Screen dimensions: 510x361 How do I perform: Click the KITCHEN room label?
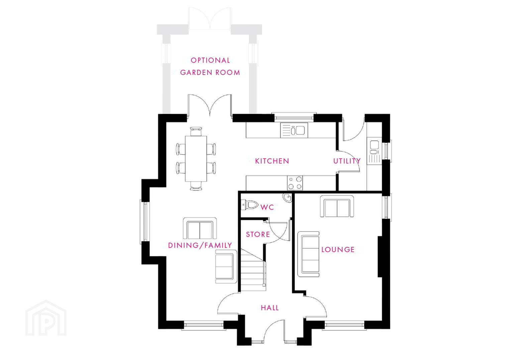(x=272, y=161)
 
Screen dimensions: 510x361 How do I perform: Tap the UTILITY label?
(x=347, y=161)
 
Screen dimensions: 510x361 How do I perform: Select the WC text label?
(x=267, y=207)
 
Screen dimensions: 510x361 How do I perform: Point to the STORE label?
(x=258, y=234)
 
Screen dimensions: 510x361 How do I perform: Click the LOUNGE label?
(x=338, y=250)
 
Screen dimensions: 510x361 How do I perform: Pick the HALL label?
(x=270, y=308)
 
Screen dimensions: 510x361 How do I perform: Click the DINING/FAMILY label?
(x=200, y=245)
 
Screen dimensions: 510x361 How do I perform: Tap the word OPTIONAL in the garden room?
(x=210, y=60)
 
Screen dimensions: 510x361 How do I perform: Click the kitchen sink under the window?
(x=294, y=130)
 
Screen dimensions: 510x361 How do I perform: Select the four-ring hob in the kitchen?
(x=295, y=183)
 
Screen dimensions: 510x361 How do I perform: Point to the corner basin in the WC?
(x=287, y=198)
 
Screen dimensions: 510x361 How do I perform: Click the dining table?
(x=196, y=159)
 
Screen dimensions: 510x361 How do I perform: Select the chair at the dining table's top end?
(x=196, y=131)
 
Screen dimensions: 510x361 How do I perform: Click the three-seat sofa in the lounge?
(x=308, y=254)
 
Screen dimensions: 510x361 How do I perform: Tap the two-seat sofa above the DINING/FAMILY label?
(x=200, y=228)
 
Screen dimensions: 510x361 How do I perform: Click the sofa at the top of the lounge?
(x=337, y=206)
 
